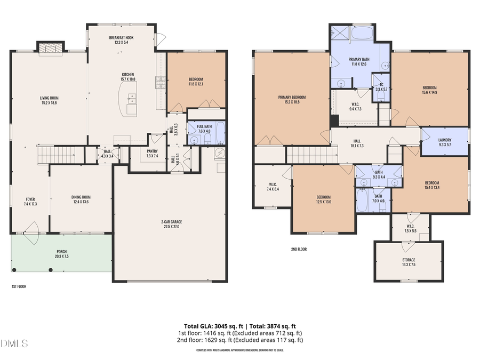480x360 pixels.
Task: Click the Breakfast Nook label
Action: tap(121, 40)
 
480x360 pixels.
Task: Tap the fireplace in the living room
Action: tap(50, 49)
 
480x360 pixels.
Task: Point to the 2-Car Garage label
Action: tap(170, 224)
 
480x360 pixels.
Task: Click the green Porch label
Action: tap(62, 254)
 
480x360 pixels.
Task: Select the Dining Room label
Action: tap(81, 199)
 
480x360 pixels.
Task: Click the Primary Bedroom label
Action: tap(291, 99)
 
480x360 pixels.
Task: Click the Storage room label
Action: tap(409, 262)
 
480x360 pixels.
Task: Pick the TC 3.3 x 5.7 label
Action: tap(381, 87)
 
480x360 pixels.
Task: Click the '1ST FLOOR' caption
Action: tap(19, 286)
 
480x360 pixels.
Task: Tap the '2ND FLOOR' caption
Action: tap(299, 249)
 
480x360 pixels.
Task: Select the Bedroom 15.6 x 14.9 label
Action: tap(429, 90)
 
